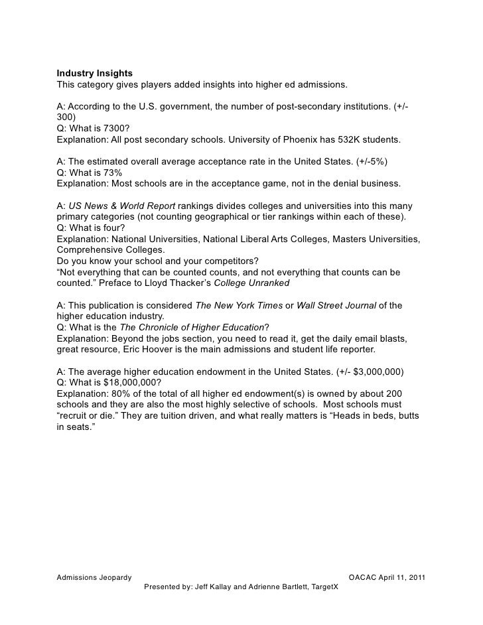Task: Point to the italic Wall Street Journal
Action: [335, 305]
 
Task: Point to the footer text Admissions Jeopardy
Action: [94, 578]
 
